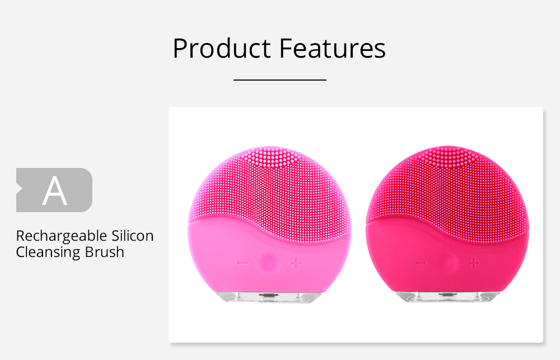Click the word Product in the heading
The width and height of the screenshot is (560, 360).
(222, 48)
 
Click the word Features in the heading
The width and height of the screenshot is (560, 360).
(333, 48)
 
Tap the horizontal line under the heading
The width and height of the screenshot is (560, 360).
(280, 80)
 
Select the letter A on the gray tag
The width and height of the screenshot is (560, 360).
(55, 191)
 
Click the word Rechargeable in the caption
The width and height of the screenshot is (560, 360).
(62, 236)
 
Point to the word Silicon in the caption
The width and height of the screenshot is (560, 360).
(133, 236)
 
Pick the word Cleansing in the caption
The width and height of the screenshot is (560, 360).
(48, 253)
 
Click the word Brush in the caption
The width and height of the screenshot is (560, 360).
(104, 252)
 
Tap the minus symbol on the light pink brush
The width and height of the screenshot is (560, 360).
(242, 263)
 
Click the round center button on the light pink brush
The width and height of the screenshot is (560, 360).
(269, 262)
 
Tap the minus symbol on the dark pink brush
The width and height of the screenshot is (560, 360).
(421, 264)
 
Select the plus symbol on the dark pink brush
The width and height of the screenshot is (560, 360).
(474, 264)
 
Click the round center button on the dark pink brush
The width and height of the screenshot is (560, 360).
(448, 263)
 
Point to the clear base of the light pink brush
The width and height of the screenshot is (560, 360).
(269, 297)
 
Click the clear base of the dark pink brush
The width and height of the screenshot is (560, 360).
(447, 297)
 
